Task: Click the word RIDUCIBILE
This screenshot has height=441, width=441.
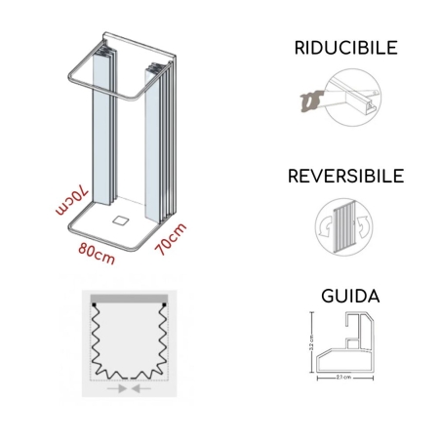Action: tap(337, 48)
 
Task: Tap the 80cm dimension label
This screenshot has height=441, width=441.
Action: tap(96, 255)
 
